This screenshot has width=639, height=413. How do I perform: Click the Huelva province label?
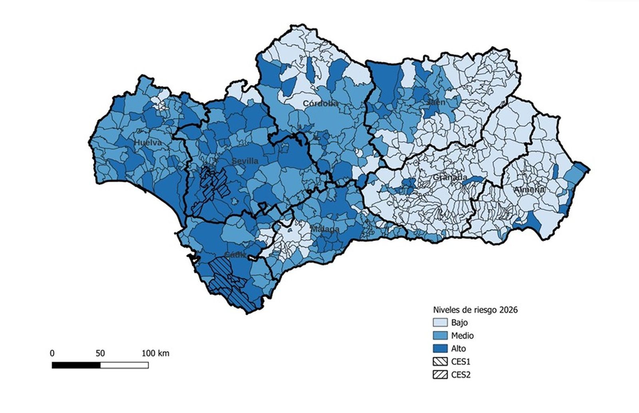148,143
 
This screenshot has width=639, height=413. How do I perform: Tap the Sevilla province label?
245,161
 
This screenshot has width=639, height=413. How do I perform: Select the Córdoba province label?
320,103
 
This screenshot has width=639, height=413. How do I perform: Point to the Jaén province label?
436,102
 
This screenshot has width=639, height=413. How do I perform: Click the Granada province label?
450,177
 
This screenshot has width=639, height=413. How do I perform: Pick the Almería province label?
529,190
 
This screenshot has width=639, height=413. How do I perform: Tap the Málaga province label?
325,229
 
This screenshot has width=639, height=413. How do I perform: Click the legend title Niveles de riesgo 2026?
475,310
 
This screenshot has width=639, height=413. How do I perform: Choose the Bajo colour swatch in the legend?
440,323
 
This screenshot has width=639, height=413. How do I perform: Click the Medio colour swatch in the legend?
440,336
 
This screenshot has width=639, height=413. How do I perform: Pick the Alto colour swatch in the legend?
440,348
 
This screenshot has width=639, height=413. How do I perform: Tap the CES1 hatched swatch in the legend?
440,362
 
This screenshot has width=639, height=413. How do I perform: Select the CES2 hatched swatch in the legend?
440,375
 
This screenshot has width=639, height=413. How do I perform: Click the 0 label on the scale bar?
52,354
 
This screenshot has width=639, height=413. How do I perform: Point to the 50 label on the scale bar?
100,354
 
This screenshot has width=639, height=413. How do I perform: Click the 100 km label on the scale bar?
155,354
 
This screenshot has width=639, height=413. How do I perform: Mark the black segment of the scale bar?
76,365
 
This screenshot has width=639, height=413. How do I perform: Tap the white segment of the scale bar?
124,365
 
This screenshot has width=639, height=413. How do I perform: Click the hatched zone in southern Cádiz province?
230,285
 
